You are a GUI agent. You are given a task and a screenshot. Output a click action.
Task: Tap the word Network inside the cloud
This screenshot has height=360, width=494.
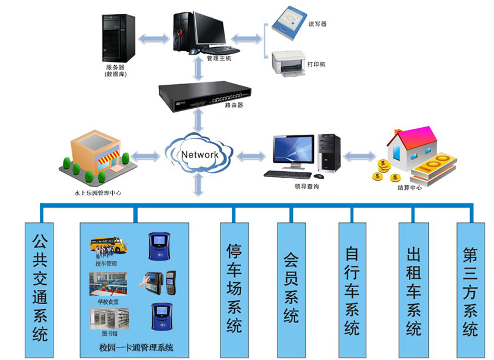[200, 155]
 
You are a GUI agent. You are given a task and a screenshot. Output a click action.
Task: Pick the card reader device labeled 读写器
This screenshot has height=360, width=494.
[287, 23]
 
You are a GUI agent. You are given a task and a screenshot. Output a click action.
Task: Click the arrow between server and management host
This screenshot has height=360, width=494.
[154, 39]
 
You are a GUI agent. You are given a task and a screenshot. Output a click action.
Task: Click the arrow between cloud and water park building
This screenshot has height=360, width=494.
[145, 156]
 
